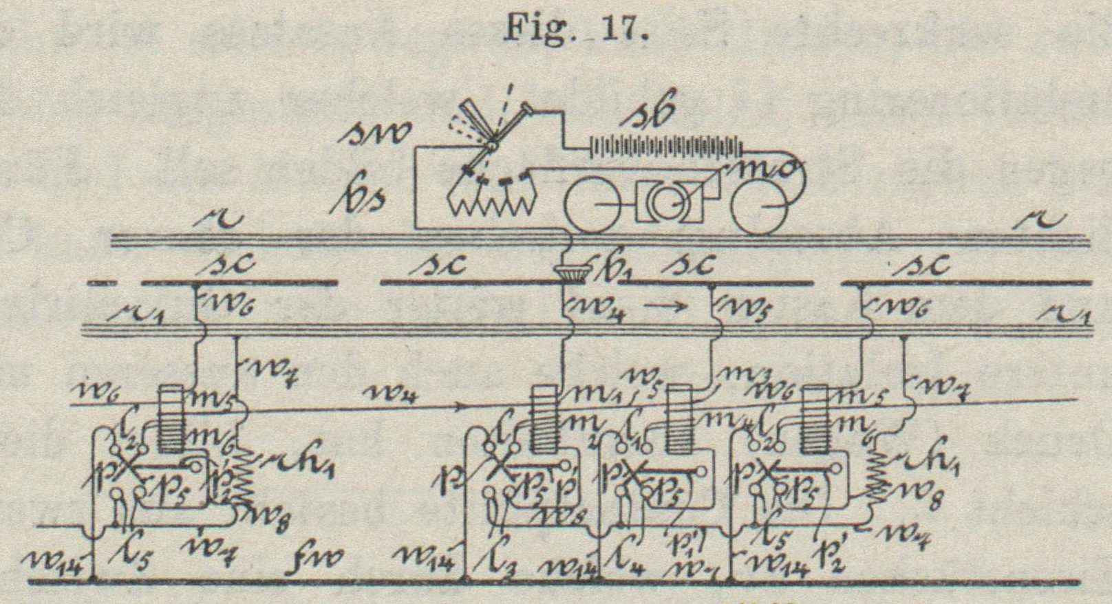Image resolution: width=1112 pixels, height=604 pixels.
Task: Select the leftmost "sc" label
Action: pyautogui.click(x=227, y=263)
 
